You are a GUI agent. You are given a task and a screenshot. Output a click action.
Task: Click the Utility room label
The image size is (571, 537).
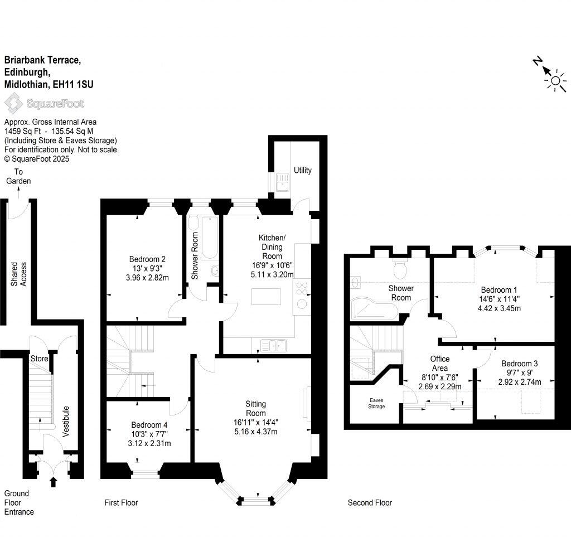click(303, 171)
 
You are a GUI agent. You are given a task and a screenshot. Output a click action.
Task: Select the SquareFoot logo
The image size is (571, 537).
click(44, 103)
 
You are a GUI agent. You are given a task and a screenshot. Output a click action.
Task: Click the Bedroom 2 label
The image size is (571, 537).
click(147, 259)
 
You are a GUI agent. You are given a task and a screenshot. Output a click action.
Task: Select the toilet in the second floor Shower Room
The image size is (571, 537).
click(400, 269)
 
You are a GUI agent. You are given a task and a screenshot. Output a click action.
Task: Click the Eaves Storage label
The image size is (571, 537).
click(376, 403)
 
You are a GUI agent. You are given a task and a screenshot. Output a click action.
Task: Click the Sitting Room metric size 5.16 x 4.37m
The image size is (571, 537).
click(256, 431)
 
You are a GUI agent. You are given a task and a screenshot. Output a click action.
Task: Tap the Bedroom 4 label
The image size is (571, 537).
click(149, 424)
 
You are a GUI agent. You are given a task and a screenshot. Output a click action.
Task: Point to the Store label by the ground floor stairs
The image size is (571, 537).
click(39, 359)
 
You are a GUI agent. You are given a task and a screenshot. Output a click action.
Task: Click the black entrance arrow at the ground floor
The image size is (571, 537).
click(54, 481)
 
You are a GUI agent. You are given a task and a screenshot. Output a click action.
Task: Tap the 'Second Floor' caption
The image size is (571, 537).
click(370, 503)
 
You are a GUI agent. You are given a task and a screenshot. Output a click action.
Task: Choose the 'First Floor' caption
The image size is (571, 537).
click(121, 503)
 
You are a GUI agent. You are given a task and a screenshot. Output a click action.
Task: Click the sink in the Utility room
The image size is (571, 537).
click(282, 181)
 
